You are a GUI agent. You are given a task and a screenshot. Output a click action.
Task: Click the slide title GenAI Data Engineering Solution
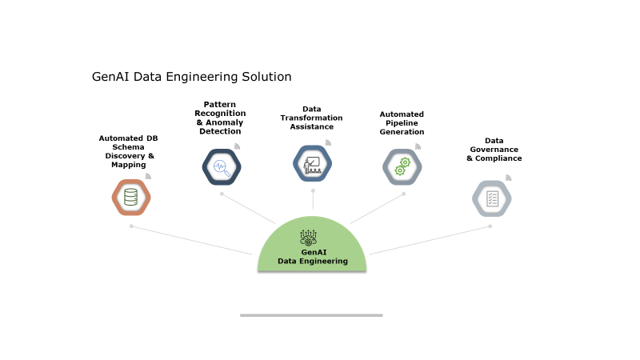tap(191, 77)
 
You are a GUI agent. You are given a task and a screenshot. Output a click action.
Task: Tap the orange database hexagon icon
tap(131, 198)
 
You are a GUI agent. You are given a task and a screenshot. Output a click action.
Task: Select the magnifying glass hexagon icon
tap(222, 167)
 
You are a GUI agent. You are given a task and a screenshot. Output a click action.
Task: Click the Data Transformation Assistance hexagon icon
tap(313, 164)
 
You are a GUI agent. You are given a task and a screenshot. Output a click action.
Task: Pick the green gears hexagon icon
tap(402, 166)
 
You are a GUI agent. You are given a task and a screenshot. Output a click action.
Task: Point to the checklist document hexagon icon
tap(492, 198)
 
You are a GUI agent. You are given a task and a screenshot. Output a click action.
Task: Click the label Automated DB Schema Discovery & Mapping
tap(128, 151)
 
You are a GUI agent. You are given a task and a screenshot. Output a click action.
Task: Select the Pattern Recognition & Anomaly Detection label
tap(220, 118)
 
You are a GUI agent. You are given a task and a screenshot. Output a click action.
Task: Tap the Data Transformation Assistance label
tap(311, 118)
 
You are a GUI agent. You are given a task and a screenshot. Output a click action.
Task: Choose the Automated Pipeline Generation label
tap(402, 123)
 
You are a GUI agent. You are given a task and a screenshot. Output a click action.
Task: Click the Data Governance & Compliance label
tap(494, 149)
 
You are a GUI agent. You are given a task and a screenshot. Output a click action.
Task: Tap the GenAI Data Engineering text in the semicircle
tap(313, 257)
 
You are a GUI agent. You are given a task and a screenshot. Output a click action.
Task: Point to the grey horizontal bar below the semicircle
tap(311, 315)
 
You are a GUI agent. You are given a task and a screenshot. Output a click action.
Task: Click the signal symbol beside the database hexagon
tap(148, 176)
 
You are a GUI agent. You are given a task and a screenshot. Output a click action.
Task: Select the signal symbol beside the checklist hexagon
tap(509, 178)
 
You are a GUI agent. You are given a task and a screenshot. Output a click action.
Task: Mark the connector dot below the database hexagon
tap(131, 226)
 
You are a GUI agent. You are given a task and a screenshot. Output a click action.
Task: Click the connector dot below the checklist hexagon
tap(490, 226)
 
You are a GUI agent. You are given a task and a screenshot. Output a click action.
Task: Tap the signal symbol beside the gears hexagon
tap(418, 146)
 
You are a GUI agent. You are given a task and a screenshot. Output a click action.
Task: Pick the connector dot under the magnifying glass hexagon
tap(222, 194)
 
